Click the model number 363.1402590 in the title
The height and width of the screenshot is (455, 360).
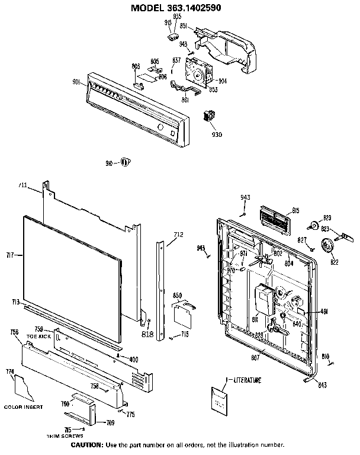point(209,7)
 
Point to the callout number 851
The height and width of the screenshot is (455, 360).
point(184,26)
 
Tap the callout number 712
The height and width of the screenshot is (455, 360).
point(178,234)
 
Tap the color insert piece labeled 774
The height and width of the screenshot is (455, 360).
point(25,389)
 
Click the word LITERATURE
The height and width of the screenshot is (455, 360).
point(247,379)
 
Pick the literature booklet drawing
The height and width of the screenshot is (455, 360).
point(221,400)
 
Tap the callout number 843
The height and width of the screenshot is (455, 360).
point(322,386)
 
